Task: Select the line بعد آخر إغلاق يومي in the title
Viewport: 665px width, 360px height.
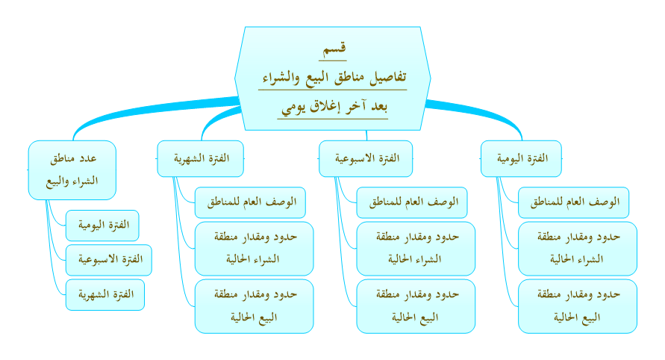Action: pos(334,107)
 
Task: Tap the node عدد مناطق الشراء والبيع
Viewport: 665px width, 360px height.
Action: pos(72,170)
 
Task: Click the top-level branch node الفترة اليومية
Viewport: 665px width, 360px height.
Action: pos(521,158)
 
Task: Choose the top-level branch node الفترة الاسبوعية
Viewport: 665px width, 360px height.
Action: pos(366,158)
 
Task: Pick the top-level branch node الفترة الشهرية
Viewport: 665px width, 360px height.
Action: pos(201,158)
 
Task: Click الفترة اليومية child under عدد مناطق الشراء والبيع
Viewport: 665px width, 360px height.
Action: pos(102,226)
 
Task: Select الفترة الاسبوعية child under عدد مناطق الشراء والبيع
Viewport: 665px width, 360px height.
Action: pos(108,260)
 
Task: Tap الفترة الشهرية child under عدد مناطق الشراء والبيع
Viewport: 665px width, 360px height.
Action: pos(105,294)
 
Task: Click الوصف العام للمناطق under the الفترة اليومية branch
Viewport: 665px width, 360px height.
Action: pos(573,202)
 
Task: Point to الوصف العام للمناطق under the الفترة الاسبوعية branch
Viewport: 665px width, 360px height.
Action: pos(412,202)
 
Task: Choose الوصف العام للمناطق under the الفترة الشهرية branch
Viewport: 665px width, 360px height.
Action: pos(250,202)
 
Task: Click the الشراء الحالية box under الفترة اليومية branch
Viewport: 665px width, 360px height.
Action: pos(578,249)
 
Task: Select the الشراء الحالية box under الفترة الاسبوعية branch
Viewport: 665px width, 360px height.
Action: pos(416,249)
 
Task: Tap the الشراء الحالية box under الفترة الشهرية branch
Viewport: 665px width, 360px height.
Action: pos(254,249)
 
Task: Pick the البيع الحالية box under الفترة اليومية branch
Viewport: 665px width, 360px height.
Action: pos(578,306)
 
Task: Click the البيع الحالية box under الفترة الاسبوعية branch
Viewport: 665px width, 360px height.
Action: pos(416,306)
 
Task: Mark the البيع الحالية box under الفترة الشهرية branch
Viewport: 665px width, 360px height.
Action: pos(254,306)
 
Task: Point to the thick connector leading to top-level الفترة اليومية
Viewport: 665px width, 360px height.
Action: pos(479,114)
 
